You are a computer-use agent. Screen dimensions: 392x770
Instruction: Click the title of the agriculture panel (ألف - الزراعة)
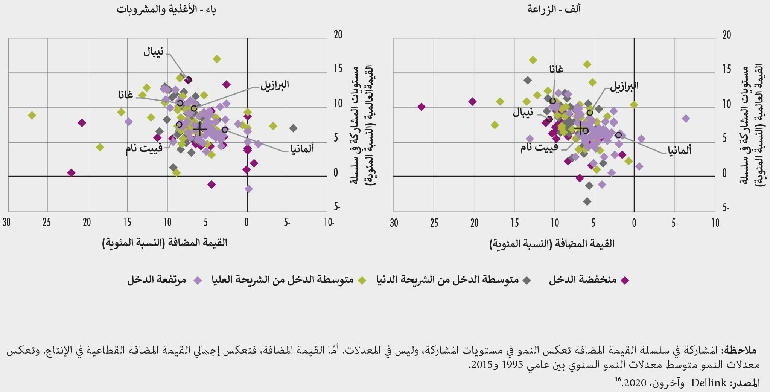pyautogui.click(x=554, y=9)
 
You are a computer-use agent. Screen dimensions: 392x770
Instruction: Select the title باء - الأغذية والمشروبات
pyautogui.click(x=166, y=9)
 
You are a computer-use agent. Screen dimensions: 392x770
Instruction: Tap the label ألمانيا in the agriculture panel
pyautogui.click(x=679, y=150)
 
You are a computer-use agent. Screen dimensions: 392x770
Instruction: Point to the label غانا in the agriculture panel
pyautogui.click(x=556, y=69)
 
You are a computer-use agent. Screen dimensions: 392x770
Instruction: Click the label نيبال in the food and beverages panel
pyautogui.click(x=154, y=52)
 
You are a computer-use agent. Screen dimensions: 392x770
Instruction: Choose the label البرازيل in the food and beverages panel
pyautogui.click(x=275, y=84)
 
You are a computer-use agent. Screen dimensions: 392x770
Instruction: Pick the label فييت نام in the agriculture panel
pyautogui.click(x=539, y=148)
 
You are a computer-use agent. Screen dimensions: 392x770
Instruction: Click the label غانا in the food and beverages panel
pyautogui.click(x=126, y=95)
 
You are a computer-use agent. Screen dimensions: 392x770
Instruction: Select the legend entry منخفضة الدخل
pyautogui.click(x=583, y=280)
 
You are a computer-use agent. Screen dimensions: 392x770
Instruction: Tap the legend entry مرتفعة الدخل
pyautogui.click(x=157, y=280)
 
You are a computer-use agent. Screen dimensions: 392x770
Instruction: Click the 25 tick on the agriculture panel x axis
pyautogui.click(x=434, y=223)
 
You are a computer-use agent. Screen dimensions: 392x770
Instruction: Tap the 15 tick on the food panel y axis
pyautogui.click(x=338, y=69)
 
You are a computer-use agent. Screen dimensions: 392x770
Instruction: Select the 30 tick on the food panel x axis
pyautogui.click(x=6, y=222)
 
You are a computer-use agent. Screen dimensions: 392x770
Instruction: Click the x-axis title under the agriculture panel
pyautogui.click(x=552, y=244)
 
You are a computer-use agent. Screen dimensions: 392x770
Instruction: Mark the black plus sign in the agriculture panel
pyautogui.click(x=581, y=128)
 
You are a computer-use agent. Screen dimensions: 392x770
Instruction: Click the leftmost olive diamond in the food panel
pyautogui.click(x=32, y=115)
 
